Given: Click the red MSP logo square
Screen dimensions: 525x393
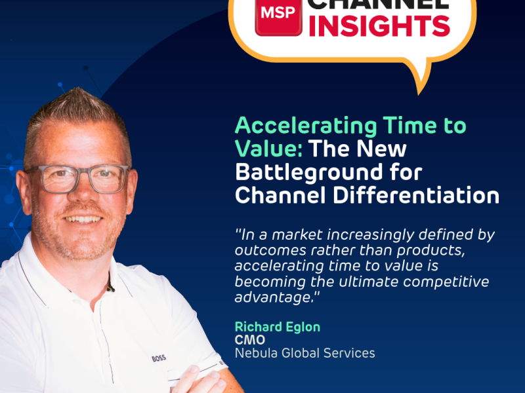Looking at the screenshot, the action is coord(278,17).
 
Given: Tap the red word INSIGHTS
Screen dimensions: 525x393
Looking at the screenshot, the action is coord(379,26).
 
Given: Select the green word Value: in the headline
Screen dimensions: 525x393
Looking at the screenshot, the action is coord(269,149).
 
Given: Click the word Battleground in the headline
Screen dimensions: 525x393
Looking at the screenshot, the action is coord(308,172).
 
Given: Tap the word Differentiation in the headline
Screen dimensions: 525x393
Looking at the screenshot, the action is coord(416,195).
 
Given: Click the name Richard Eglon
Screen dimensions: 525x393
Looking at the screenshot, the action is coord(278,327).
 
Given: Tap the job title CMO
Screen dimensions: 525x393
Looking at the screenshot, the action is coord(250,340).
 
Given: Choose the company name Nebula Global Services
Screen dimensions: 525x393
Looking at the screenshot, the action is coord(304,353).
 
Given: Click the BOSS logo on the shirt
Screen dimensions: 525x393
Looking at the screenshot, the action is coord(159,358).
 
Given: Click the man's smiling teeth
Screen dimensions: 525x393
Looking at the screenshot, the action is coord(83,219).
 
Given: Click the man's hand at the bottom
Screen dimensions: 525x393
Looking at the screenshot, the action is coord(201,381).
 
